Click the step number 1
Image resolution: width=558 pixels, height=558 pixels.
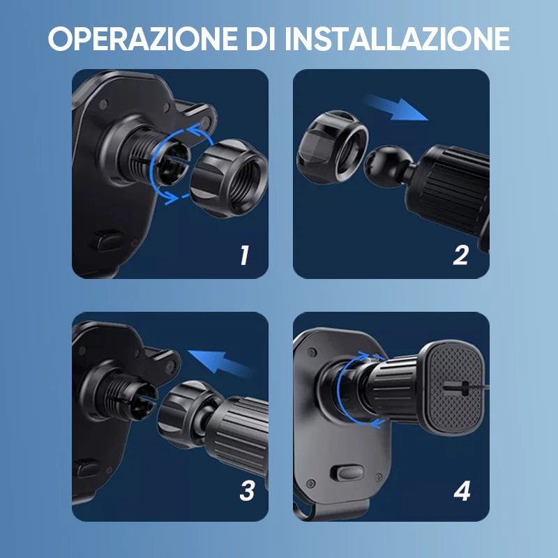(243, 256)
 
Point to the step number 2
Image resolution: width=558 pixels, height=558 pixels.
(460, 256)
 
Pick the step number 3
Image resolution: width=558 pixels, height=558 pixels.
(246, 491)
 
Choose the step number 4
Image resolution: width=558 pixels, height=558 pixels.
(462, 491)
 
